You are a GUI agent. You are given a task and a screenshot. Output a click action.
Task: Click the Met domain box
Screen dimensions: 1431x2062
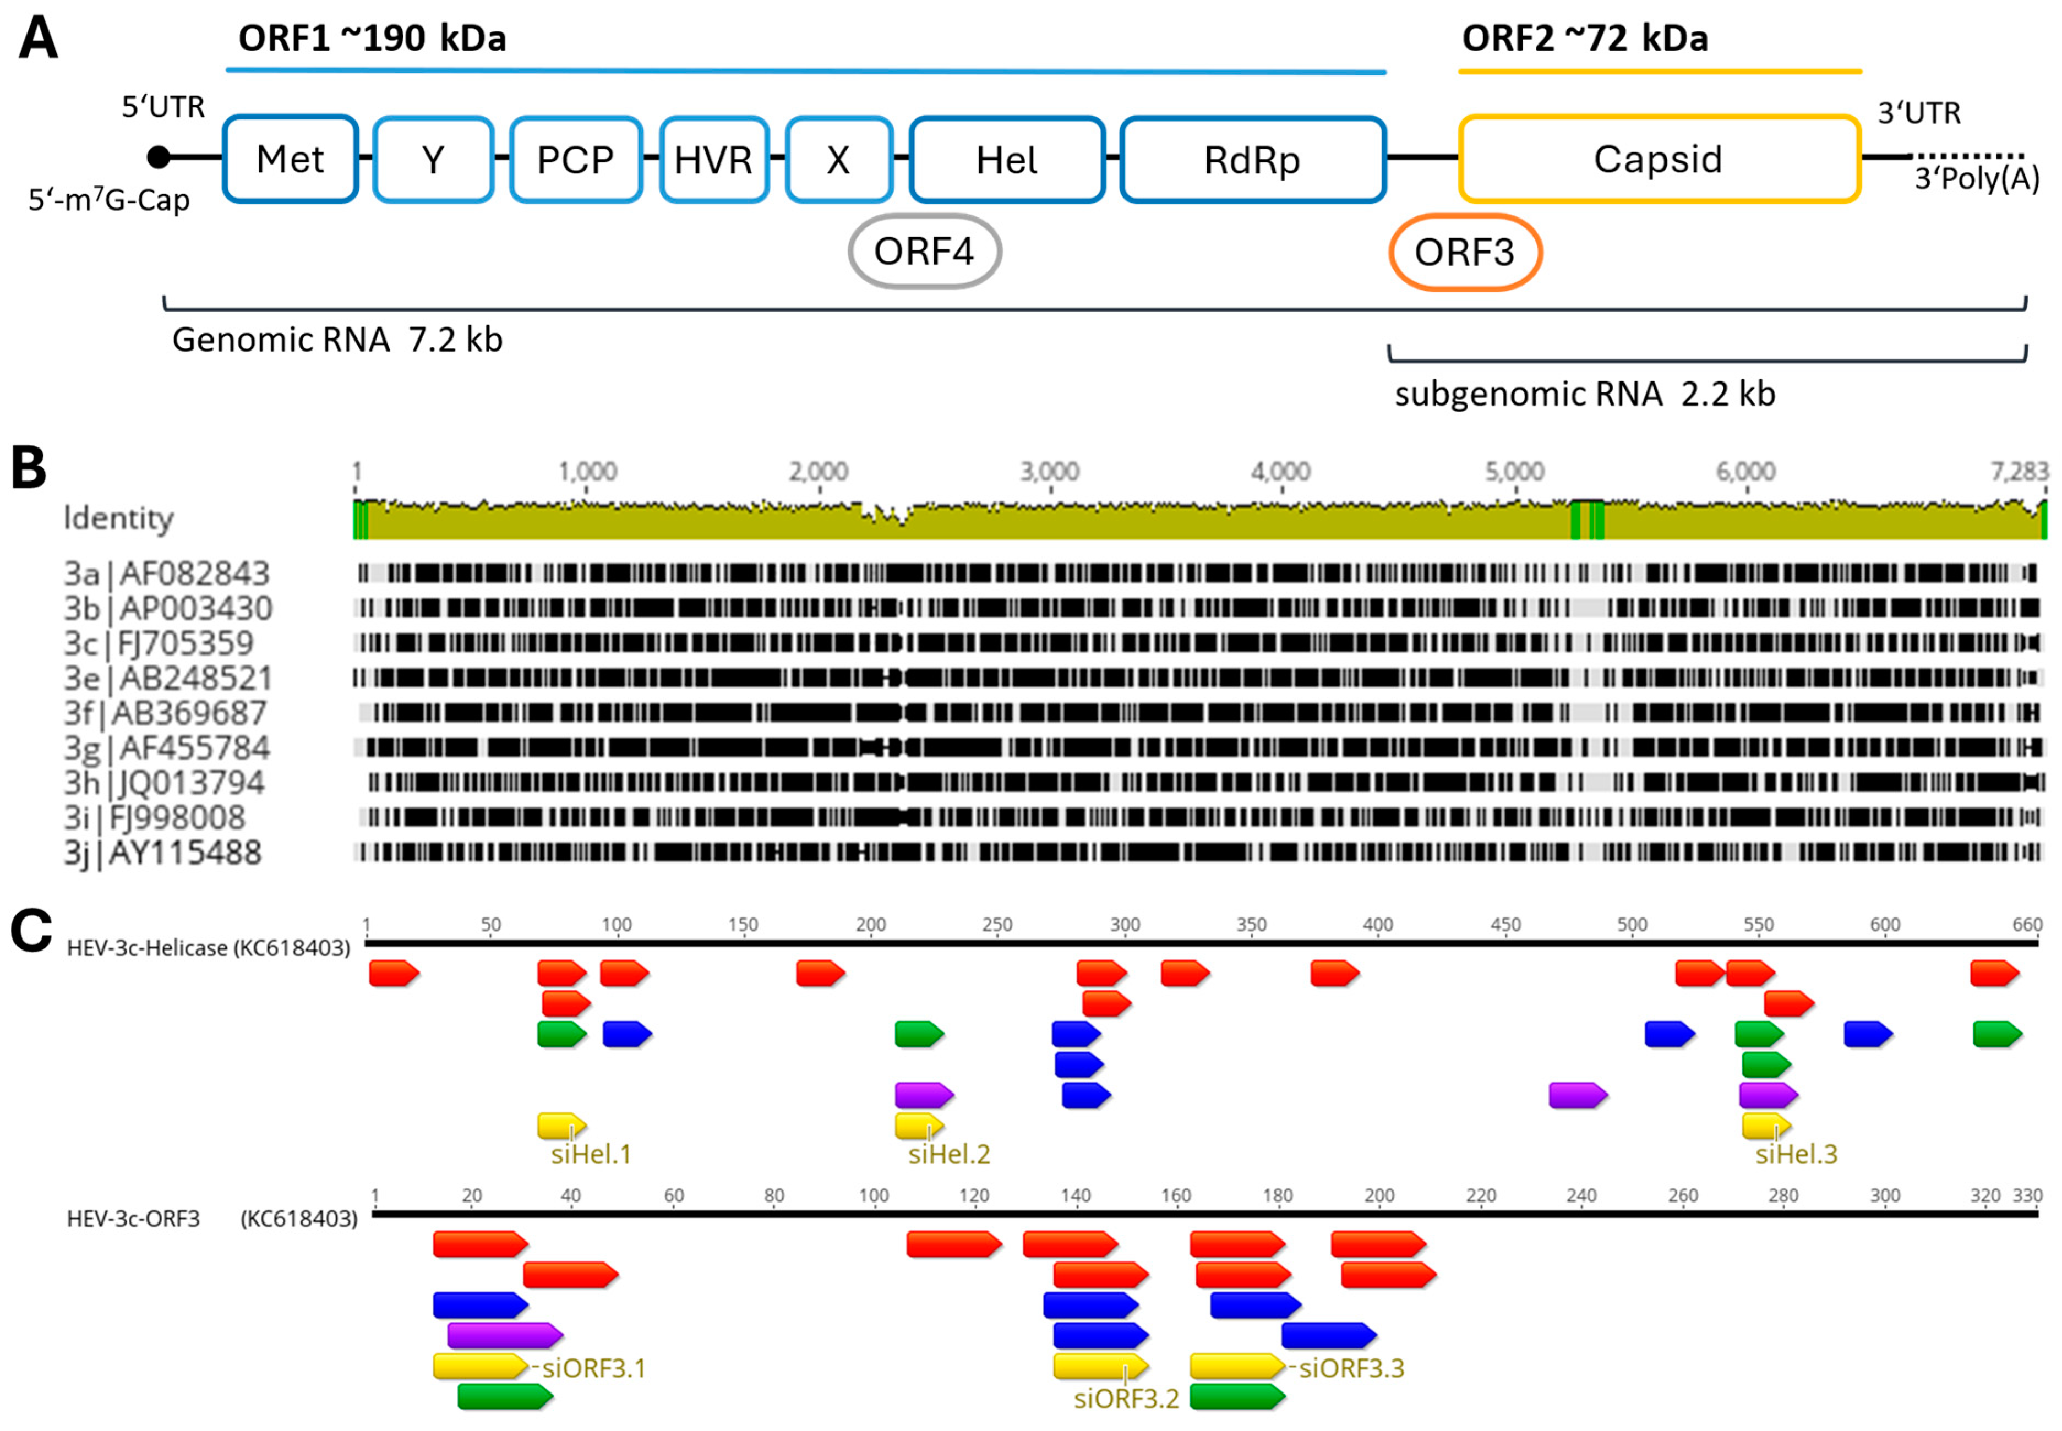290,160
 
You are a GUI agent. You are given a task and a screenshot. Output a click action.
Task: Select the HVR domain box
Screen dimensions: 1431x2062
713,160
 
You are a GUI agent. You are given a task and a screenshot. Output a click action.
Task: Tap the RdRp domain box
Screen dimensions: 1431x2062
1252,160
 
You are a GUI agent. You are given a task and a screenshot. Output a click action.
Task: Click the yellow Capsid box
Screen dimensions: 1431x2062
1657,160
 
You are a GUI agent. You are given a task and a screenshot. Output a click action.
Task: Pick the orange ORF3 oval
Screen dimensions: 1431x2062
1464,253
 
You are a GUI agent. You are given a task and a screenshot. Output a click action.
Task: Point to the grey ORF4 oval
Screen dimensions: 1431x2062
924,252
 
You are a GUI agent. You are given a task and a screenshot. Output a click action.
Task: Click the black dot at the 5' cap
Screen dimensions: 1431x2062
159,157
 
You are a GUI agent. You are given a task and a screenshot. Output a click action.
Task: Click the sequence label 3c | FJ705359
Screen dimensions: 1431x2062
159,643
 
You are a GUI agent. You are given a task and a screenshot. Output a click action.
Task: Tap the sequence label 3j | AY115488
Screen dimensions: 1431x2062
162,853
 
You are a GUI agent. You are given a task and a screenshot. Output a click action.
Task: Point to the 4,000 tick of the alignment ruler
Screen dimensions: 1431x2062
1280,472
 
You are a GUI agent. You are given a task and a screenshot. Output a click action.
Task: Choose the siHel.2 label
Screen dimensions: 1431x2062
948,1154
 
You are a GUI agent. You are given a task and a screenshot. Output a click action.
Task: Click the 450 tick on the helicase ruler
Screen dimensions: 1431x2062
1505,925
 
